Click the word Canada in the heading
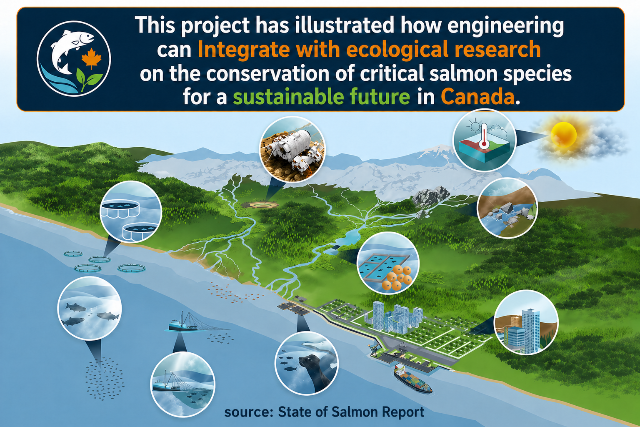click(x=480, y=97)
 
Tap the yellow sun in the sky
click(x=563, y=133)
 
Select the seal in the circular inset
click(x=314, y=372)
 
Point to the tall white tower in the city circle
click(x=530, y=329)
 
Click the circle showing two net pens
click(x=131, y=212)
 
